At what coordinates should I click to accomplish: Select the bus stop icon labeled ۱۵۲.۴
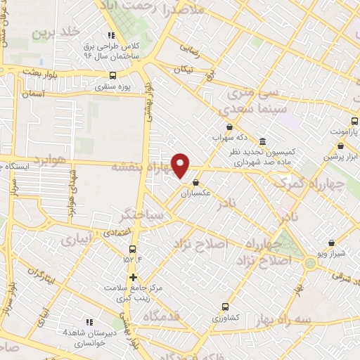pyautogui.click(x=133, y=250)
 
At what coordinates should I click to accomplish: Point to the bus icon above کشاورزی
pyautogui.click(x=225, y=307)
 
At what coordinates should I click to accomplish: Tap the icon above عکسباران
pyautogui.click(x=195, y=182)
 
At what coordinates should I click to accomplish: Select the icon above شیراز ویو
pyautogui.click(x=331, y=243)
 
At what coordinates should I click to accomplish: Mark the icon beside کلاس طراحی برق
pyautogui.click(x=111, y=36)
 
